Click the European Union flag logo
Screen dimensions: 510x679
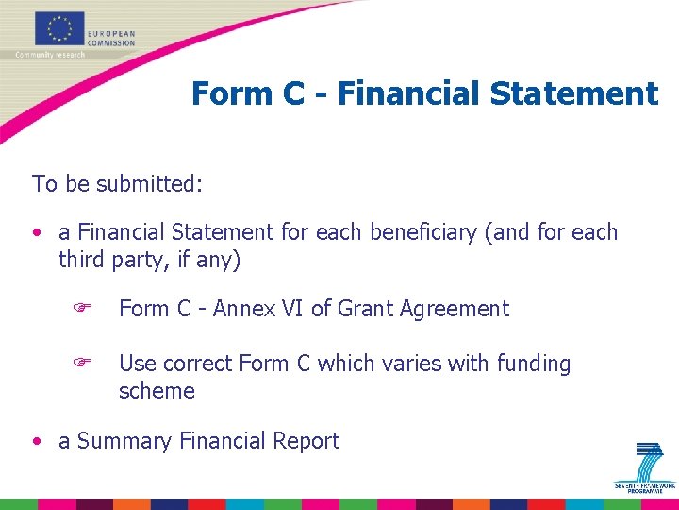click(59, 28)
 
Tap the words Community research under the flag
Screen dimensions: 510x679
click(50, 55)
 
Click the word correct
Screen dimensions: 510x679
click(198, 364)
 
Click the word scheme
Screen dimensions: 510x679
click(157, 391)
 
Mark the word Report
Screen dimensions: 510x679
click(306, 441)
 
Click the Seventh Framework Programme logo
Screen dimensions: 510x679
click(646, 467)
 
